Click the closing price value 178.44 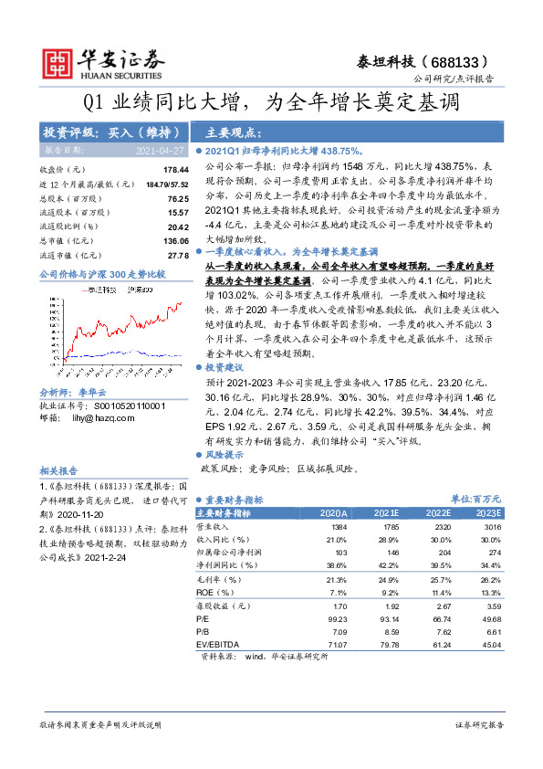pyautogui.click(x=175, y=170)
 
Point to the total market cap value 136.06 pyautogui.click(x=175, y=240)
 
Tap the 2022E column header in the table pyautogui.click(x=437, y=514)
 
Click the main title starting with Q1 pyautogui.click(x=271, y=103)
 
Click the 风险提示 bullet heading pyautogui.click(x=224, y=454)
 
